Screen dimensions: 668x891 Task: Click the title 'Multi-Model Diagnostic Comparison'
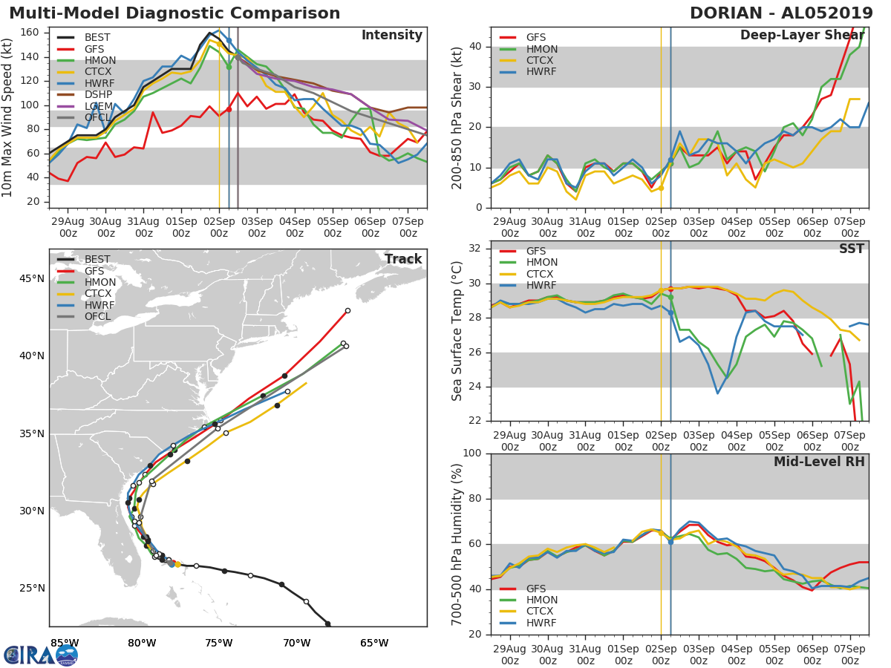[x=174, y=13]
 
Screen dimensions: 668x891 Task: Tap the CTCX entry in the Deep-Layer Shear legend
[x=542, y=61]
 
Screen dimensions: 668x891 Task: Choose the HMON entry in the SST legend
[x=542, y=263]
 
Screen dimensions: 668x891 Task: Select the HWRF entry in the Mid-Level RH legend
[x=542, y=623]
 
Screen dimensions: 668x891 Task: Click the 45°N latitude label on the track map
[x=31, y=279]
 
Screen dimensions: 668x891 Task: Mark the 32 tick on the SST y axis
[x=476, y=249]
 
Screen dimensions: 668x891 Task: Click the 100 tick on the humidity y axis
[x=473, y=453]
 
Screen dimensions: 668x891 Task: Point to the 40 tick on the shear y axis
[x=476, y=47]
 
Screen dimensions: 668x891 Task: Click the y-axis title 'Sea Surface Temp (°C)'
[x=457, y=331]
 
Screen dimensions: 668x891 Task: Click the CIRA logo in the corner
[x=40, y=655]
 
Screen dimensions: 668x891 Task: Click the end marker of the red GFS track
[x=347, y=311]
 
